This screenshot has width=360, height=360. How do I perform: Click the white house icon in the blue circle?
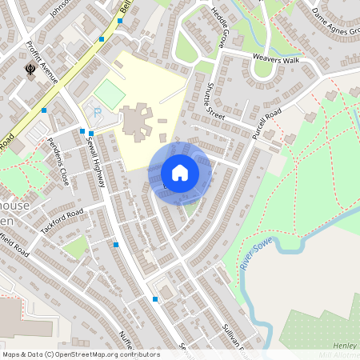click(180, 172)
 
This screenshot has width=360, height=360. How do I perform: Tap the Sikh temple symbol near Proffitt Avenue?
click(30, 70)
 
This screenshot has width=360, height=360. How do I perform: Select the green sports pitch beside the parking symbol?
click(110, 94)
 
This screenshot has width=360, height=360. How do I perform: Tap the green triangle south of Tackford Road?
click(75, 247)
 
